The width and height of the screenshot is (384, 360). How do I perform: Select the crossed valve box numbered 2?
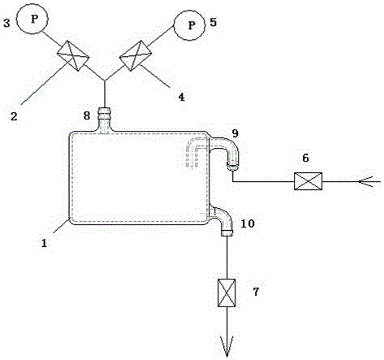point(73,56)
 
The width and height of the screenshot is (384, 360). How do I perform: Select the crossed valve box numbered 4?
point(135,56)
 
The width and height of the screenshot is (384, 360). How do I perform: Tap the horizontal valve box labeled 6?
point(308,181)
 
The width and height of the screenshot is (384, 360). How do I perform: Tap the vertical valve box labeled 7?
point(227,293)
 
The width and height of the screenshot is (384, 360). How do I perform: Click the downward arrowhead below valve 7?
point(227,346)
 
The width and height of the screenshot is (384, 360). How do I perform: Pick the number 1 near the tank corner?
point(44,243)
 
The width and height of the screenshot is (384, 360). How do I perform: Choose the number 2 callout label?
point(14,116)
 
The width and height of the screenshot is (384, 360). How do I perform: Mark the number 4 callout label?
point(182,97)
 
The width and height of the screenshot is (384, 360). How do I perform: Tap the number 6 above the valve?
point(305,158)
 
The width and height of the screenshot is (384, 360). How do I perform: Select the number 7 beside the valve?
point(256,292)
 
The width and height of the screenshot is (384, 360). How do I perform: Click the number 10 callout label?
point(248,223)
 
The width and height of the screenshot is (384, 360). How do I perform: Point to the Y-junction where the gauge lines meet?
point(105,80)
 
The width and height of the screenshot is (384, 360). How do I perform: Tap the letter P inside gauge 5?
point(192,25)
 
